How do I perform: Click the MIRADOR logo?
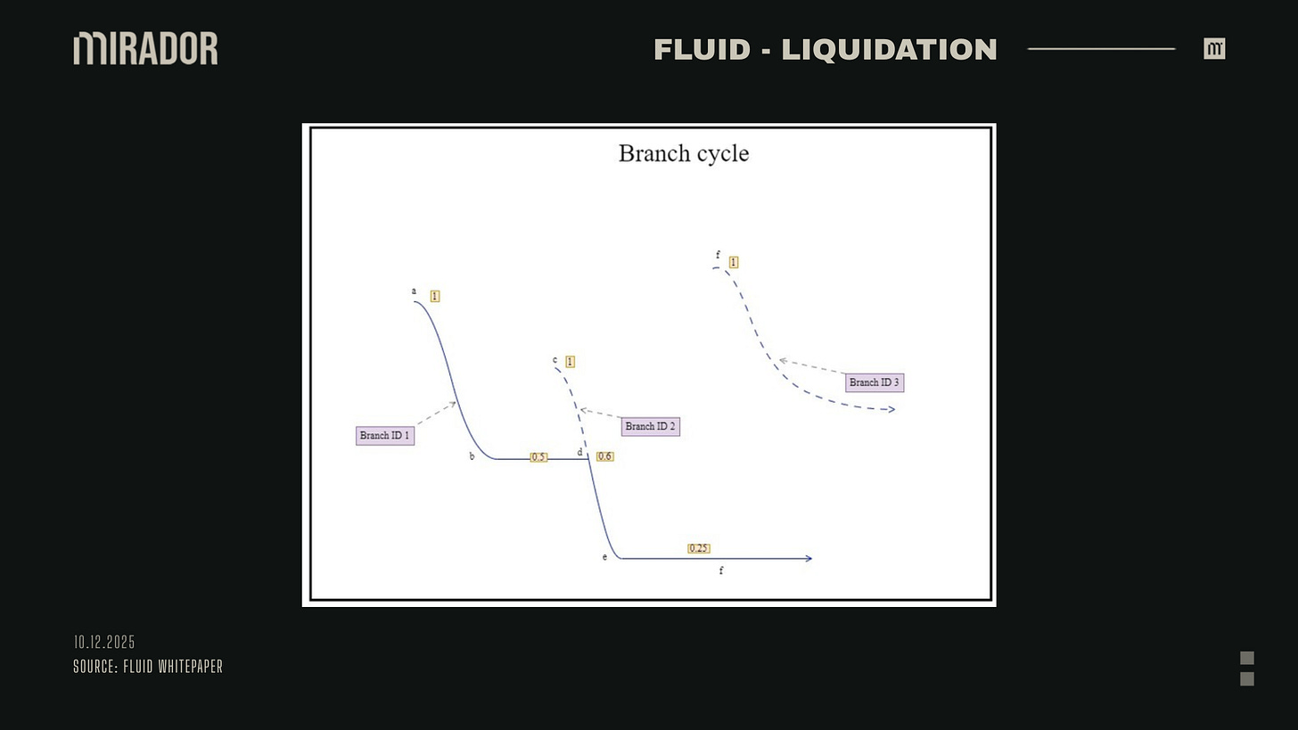[x=145, y=48]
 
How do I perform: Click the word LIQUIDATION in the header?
[x=889, y=50]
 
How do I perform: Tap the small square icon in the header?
[x=1214, y=49]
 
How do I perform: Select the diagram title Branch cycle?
[x=684, y=153]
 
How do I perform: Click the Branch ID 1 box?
[x=385, y=436]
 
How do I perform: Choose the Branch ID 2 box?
[x=651, y=427]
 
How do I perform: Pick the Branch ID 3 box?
[x=875, y=382]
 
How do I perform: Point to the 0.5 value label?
[x=538, y=457]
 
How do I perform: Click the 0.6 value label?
[x=605, y=456]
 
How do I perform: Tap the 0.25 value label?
[x=699, y=548]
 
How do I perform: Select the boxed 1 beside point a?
[x=435, y=296]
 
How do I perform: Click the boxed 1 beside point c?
[x=570, y=362]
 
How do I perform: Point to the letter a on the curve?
[x=414, y=291]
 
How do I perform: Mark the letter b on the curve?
[x=472, y=456]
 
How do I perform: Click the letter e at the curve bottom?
[x=604, y=557]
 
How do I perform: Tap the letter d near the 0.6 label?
[x=579, y=453]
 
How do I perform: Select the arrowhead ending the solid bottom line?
[x=809, y=559]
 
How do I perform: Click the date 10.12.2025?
[x=104, y=643]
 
